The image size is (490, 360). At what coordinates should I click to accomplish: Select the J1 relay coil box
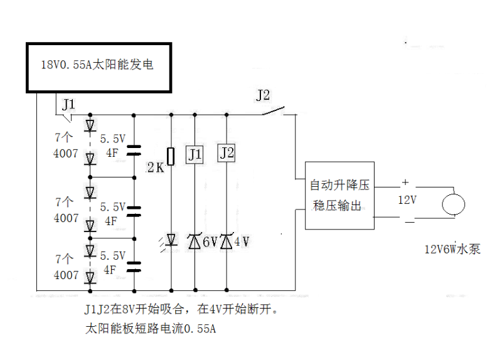pyautogui.click(x=194, y=154)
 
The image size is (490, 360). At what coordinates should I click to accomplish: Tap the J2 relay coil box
pyautogui.click(x=226, y=153)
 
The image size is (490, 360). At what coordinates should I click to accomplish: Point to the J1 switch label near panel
pyautogui.click(x=68, y=103)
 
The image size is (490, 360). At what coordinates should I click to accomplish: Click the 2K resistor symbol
pyautogui.click(x=171, y=154)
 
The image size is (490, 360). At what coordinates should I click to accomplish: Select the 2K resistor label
pyautogui.click(x=154, y=167)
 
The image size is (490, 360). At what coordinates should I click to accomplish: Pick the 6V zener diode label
pyautogui.click(x=209, y=241)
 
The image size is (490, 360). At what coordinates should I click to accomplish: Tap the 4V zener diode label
pyautogui.click(x=242, y=241)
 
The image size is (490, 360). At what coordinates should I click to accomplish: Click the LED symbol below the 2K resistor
pyautogui.click(x=171, y=240)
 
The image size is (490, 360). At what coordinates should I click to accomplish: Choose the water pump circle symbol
pyautogui.click(x=453, y=204)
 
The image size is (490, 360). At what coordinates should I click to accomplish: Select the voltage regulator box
pyautogui.click(x=339, y=195)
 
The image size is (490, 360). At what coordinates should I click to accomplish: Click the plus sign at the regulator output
pyautogui.click(x=405, y=183)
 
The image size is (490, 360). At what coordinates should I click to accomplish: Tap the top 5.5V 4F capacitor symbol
pyautogui.click(x=134, y=150)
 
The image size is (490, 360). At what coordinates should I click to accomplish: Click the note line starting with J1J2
pyautogui.click(x=181, y=310)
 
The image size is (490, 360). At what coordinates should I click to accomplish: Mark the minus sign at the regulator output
pyautogui.click(x=408, y=221)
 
